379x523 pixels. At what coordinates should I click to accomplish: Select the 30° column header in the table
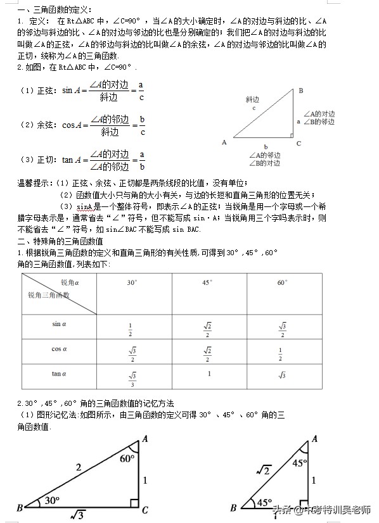tap(131, 283)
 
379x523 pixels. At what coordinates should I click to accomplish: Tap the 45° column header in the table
tap(207, 283)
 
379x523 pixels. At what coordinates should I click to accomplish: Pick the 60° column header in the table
tap(282, 283)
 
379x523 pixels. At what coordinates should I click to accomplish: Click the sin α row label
tap(59, 324)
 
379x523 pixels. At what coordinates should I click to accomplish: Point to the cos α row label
tap(59, 348)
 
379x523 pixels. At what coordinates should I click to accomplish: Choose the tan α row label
tap(59, 374)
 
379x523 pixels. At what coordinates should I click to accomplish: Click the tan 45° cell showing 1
tap(209, 374)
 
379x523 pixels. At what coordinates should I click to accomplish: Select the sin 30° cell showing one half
tap(130, 329)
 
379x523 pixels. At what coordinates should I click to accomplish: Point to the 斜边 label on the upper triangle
tap(253, 100)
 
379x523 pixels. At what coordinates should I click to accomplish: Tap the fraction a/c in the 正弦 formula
tap(141, 92)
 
